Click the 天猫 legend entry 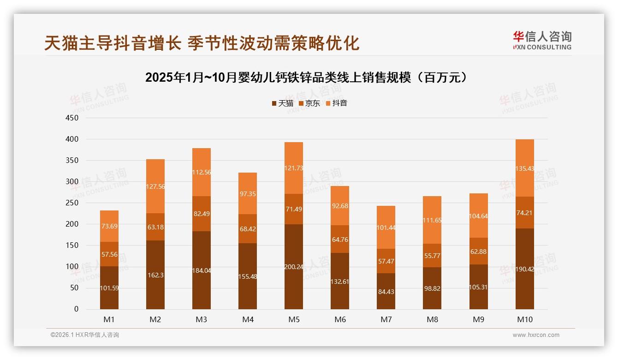point(282,103)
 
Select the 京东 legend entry point(309,103)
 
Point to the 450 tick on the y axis point(72,118)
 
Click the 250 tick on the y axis point(72,203)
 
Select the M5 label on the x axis point(294,319)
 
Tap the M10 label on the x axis point(525,319)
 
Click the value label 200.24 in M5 point(294,267)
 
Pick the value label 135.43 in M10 point(525,168)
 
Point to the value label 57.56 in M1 point(109,254)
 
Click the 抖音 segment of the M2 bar point(155,186)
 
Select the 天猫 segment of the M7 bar point(386,291)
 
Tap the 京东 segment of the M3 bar point(202,214)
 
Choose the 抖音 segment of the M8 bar point(432,220)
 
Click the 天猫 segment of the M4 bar point(248,276)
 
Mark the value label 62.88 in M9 point(479,252)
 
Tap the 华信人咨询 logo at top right point(542,40)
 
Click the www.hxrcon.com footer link point(536,335)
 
